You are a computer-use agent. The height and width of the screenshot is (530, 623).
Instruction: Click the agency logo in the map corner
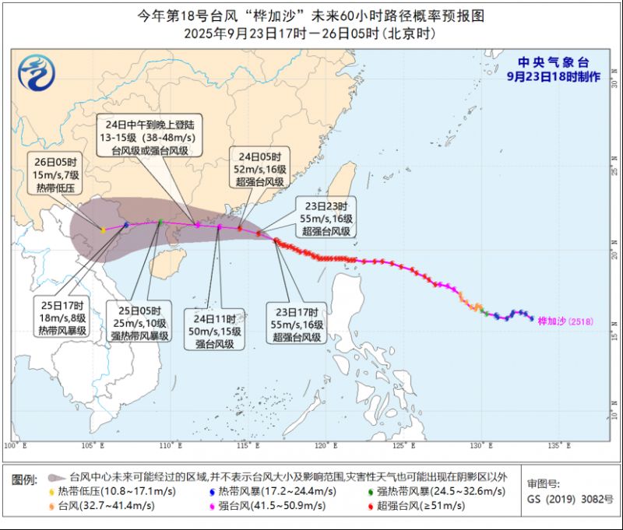[x=37, y=74]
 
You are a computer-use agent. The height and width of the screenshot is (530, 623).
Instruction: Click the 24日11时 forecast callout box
[x=214, y=330]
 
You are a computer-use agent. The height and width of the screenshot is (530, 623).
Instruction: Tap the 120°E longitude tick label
[x=326, y=446]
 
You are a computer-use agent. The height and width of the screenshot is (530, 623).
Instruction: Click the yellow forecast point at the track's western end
[x=103, y=230]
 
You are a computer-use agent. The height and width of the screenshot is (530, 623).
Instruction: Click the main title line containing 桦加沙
[x=311, y=16]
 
